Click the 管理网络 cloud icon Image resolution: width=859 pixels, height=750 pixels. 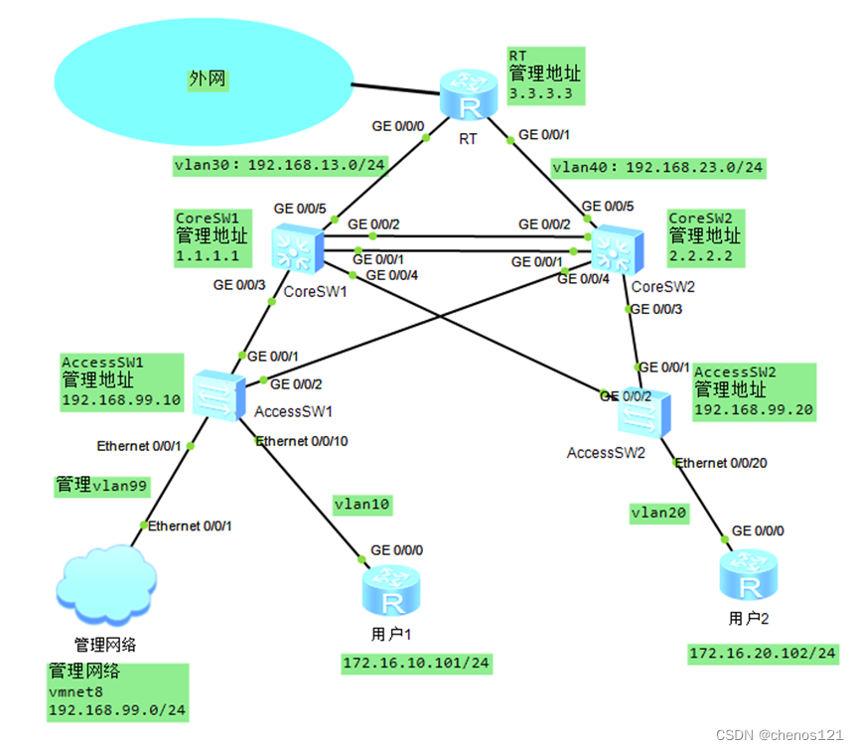106,587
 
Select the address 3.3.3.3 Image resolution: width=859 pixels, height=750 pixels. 540,93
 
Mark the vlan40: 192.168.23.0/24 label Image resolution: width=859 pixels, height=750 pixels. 657,168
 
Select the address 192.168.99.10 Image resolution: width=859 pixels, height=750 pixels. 121,399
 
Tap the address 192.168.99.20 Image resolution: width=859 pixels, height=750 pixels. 752,409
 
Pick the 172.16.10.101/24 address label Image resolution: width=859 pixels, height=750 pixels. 417,663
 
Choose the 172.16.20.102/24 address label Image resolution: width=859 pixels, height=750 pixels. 763,653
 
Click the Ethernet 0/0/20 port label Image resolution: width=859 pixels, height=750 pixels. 722,463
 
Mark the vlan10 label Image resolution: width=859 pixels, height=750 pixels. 363,505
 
